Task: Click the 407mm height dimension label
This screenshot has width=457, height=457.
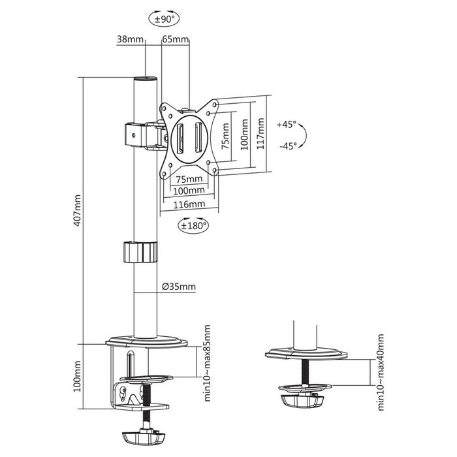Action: point(78,210)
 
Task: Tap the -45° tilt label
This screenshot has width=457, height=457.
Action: point(286,146)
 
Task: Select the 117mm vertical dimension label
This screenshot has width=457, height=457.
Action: point(261,134)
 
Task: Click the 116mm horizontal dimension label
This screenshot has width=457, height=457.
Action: point(189,204)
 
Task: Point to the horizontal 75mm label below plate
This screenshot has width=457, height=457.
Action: point(189,179)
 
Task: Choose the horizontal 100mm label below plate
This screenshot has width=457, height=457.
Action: point(189,191)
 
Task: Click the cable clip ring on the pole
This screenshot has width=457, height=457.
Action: point(140,252)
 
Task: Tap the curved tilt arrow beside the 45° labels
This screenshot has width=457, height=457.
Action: point(307,135)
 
